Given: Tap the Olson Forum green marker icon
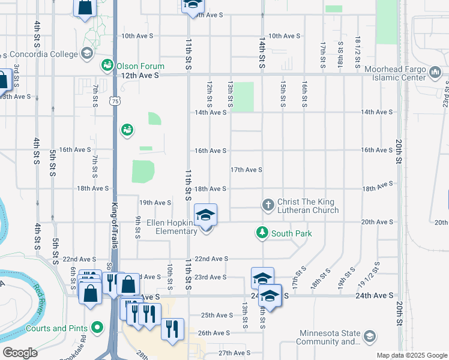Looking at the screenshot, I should (x=108, y=65).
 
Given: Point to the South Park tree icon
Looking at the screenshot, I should (x=262, y=233).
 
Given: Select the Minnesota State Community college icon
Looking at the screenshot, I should (x=370, y=336).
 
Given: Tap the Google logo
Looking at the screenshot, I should (x=20, y=353).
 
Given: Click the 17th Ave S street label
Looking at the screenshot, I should (x=246, y=170).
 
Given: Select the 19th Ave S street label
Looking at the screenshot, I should (x=155, y=203).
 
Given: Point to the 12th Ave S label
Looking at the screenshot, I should (x=140, y=76).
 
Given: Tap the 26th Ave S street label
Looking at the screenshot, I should (x=214, y=333).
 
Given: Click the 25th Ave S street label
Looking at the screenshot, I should (x=216, y=315).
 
